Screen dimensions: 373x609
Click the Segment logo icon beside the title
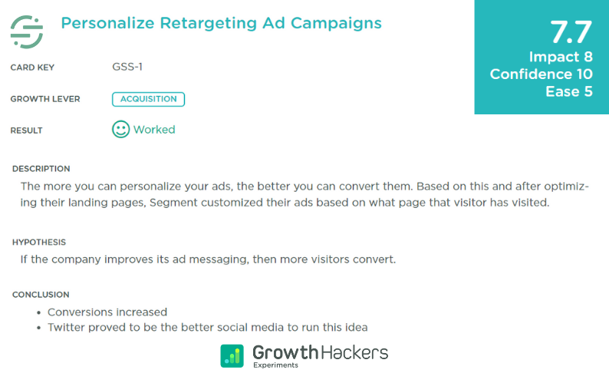(x=27, y=31)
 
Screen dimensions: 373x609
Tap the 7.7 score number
(x=571, y=32)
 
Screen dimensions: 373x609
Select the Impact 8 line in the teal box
(x=561, y=57)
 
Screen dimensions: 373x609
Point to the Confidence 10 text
(x=542, y=74)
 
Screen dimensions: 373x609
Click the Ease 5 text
(x=569, y=92)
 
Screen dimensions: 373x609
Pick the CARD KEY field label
(x=33, y=68)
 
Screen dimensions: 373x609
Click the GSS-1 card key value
(x=127, y=67)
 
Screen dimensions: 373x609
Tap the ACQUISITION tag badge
(x=148, y=99)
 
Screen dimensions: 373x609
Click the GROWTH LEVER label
(x=45, y=99)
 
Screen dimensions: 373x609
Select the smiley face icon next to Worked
(x=120, y=129)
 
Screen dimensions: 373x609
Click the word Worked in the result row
(x=154, y=130)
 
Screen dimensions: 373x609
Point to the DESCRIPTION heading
(x=41, y=169)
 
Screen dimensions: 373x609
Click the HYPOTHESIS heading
(x=39, y=243)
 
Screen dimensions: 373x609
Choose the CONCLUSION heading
(x=41, y=295)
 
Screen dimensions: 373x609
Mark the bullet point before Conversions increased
(x=39, y=312)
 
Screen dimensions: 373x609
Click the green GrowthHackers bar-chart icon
(x=232, y=355)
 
